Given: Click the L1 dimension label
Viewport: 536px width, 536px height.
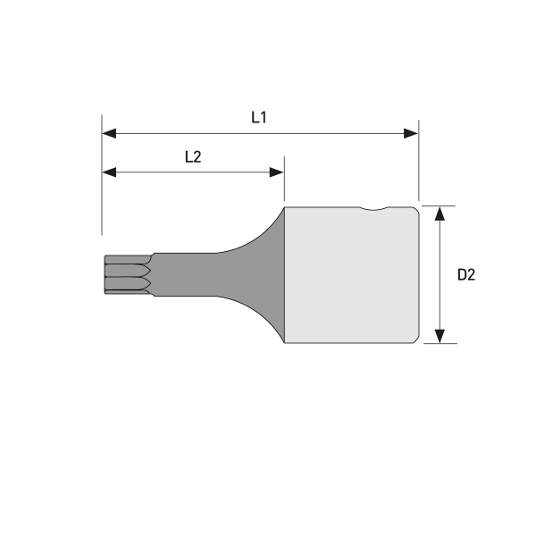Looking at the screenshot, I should point(259,116).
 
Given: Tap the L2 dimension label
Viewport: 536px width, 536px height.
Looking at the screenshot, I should point(192,155).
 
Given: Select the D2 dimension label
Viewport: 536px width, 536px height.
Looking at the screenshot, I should point(465,274).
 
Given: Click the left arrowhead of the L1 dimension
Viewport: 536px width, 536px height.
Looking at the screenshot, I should point(109,133).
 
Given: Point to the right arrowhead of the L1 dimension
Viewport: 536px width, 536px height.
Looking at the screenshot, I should point(411,133).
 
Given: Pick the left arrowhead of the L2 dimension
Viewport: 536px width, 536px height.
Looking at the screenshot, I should point(109,172).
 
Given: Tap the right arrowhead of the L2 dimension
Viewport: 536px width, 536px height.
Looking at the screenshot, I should point(277,172).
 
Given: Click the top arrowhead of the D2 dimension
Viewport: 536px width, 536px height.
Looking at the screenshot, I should point(440,213).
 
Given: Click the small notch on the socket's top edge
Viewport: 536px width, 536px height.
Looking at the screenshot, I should point(380,210).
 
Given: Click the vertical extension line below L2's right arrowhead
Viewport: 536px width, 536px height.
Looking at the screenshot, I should point(284,189).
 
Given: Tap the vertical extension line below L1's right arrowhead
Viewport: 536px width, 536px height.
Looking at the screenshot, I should point(418,170).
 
